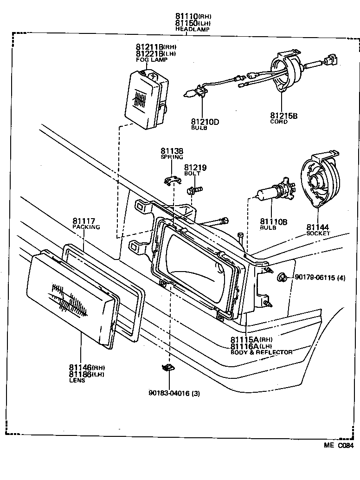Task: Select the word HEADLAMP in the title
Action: pyautogui.click(x=192, y=29)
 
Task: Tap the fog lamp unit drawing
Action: pyautogui.click(x=146, y=99)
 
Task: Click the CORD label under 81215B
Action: pyautogui.click(x=279, y=122)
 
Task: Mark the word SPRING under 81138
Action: pyautogui.click(x=172, y=157)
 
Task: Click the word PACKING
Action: pyautogui.click(x=86, y=227)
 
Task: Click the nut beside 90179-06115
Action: pyautogui.click(x=281, y=278)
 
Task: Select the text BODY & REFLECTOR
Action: pyautogui.click(x=261, y=352)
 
